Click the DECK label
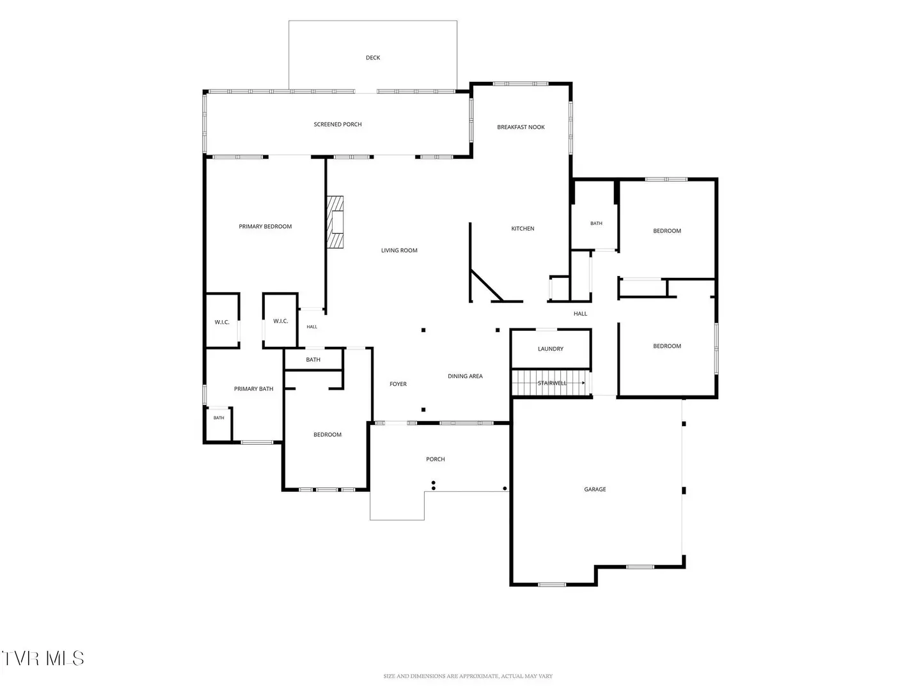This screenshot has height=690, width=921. (373, 57)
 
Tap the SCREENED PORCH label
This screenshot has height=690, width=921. (337, 125)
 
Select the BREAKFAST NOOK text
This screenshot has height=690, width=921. (521, 127)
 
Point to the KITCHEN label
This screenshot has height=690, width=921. (523, 228)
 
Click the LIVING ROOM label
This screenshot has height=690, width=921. (399, 250)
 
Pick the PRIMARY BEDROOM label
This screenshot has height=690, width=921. (265, 227)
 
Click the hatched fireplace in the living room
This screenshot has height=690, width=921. (335, 222)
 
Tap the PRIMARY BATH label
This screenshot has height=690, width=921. (253, 389)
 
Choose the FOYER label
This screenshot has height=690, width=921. (398, 384)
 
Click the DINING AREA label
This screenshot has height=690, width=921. (465, 376)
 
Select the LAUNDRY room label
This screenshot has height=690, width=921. (551, 349)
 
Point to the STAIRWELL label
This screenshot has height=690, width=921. (552, 383)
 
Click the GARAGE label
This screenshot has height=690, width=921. (595, 489)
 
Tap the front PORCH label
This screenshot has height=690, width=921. (435, 459)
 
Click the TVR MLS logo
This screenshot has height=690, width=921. (43, 659)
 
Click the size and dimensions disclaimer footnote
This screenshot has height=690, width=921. (468, 676)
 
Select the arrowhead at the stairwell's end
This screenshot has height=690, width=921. (583, 383)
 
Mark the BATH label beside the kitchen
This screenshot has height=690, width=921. (596, 224)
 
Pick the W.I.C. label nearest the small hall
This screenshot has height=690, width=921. (280, 321)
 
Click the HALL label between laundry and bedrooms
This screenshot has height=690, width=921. (580, 313)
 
